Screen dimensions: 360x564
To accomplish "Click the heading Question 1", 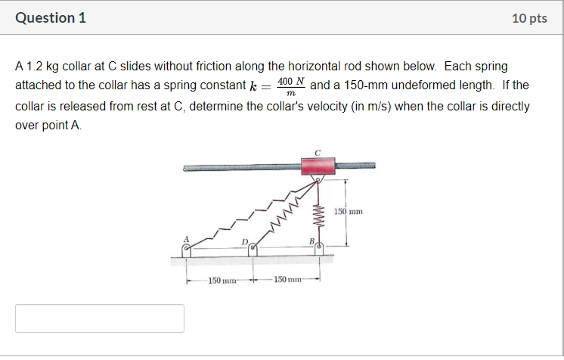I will tap(51, 18).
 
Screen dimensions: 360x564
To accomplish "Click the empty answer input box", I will tap(100, 318).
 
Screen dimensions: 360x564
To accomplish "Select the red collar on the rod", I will tap(318, 166).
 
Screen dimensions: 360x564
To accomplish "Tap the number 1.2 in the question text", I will tap(33, 67).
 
